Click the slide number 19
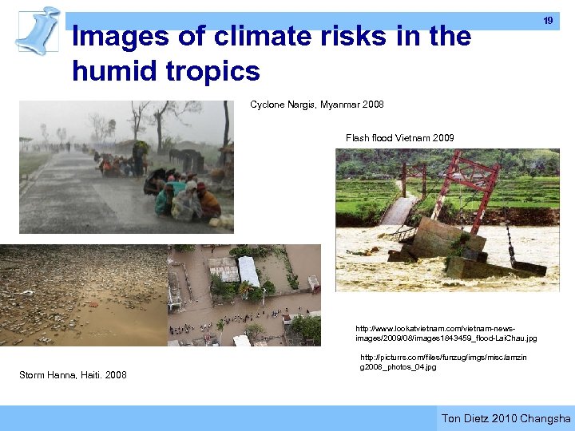548,21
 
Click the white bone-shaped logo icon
39,30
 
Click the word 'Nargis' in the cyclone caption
301,105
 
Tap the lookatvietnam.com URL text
446,333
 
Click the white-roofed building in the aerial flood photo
248,272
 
